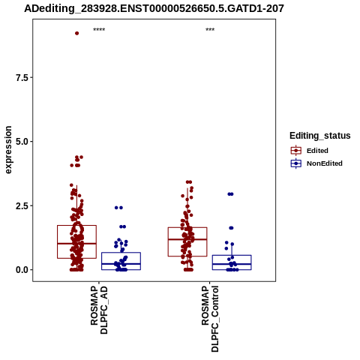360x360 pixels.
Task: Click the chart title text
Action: point(154,9)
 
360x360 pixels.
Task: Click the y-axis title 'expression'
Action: point(8,150)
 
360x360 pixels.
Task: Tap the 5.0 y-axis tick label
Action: point(22,142)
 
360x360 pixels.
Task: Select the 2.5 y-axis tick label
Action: point(22,206)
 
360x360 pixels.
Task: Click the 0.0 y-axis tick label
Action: point(22,270)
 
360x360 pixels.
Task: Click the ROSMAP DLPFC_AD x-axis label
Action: point(99,310)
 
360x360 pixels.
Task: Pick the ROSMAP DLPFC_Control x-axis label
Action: point(210,319)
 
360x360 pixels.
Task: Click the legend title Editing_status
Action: point(320,136)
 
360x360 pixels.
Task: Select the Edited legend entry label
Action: point(317,151)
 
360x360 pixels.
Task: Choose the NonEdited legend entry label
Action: point(325,163)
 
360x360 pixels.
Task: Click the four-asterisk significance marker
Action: point(99,30)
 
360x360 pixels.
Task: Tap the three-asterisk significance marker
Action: point(210,30)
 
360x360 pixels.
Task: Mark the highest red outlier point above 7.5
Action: point(77,33)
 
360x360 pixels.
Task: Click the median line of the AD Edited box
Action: point(76,243)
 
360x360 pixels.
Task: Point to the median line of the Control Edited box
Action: point(187,239)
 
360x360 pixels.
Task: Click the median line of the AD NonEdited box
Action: point(121,264)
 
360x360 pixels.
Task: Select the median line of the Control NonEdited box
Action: point(232,264)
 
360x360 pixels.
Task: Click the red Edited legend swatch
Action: point(296,151)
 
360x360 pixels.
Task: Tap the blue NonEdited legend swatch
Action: point(296,163)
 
